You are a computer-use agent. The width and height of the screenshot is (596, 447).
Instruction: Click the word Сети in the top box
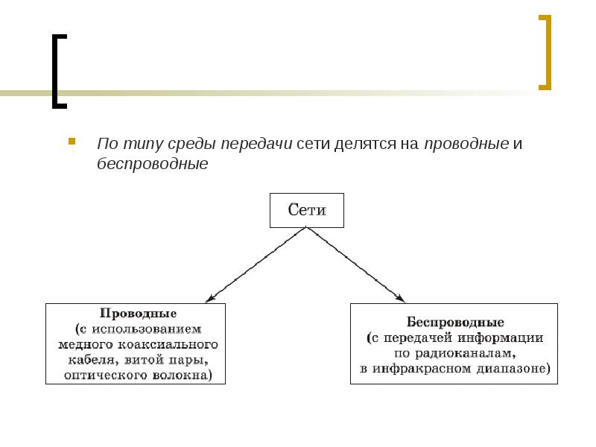[307, 210]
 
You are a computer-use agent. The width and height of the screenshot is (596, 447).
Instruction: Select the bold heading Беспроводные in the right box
[455, 323]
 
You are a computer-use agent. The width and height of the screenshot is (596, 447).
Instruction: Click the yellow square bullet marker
[72, 140]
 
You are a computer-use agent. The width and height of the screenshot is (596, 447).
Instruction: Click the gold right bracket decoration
[547, 52]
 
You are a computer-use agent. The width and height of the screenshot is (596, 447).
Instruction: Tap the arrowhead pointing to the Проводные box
[209, 298]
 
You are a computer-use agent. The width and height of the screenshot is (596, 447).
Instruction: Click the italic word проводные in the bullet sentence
[466, 143]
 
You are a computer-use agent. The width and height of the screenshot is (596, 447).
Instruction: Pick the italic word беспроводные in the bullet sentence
[152, 163]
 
